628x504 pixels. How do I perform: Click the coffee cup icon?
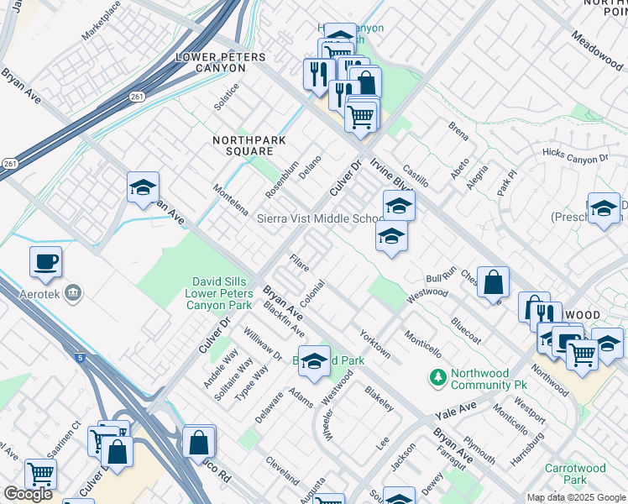tap(45, 260)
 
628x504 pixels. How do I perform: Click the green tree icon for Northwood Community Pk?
tap(437, 378)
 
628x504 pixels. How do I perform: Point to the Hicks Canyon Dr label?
tap(575, 157)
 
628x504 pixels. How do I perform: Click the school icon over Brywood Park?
tap(314, 361)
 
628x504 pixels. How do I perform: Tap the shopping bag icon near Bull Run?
tap(495, 283)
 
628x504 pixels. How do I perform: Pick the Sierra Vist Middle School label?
tap(319, 219)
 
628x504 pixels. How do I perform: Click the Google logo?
tap(28, 494)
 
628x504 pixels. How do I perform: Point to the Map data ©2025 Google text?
tap(576, 497)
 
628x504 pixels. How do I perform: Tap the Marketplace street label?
tap(102, 22)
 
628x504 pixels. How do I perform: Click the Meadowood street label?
tap(597, 52)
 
